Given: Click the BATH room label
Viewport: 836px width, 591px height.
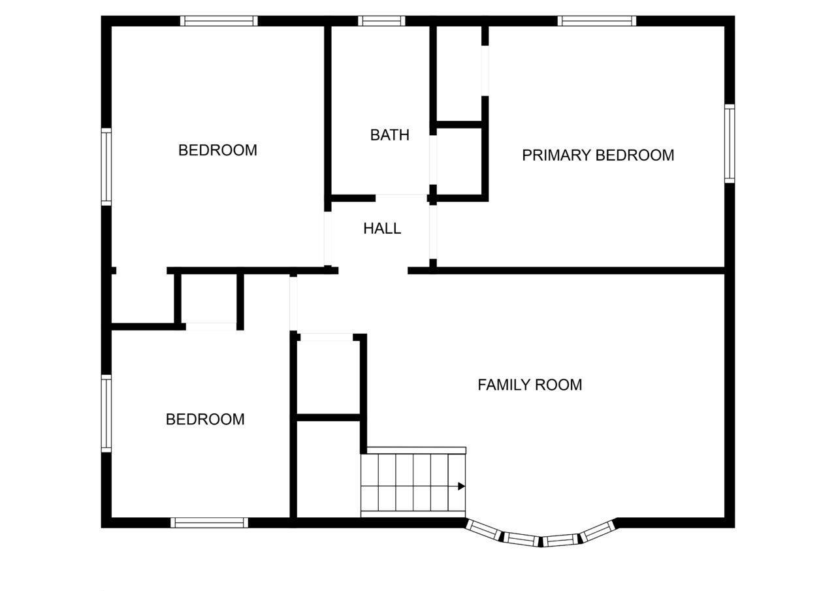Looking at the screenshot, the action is pos(390,135).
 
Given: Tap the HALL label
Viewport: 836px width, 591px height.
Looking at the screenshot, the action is pos(382,229).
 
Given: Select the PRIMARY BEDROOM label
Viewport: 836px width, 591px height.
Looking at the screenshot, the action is pos(598,155).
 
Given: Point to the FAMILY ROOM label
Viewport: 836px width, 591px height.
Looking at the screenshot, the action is pos(530,385).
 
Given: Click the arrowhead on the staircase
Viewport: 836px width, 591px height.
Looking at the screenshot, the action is pos(462,486).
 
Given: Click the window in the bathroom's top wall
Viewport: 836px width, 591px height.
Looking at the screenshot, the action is pos(381,21).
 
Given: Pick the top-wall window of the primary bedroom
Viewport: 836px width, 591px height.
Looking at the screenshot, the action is pos(597,21).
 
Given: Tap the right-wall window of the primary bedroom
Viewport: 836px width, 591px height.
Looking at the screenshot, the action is pos(730,144).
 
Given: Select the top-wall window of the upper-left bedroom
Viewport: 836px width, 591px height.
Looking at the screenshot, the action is pos(219,21).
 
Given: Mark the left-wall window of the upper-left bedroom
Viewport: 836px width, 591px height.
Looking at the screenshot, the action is pos(106,167).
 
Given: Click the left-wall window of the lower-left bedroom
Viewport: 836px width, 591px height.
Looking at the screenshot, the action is pos(106,413).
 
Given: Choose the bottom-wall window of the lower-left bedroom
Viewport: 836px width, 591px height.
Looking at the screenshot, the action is pos(209,522).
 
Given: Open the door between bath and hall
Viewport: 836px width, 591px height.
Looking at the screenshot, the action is pos(401,198).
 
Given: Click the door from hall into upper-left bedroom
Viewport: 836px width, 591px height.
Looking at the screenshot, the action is pos(328,238).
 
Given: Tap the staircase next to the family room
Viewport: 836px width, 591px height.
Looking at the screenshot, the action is pos(413,482).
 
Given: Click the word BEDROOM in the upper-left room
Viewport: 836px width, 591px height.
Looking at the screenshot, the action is pos(217,150).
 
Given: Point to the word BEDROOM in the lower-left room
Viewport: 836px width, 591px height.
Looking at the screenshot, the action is pos(205,419).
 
